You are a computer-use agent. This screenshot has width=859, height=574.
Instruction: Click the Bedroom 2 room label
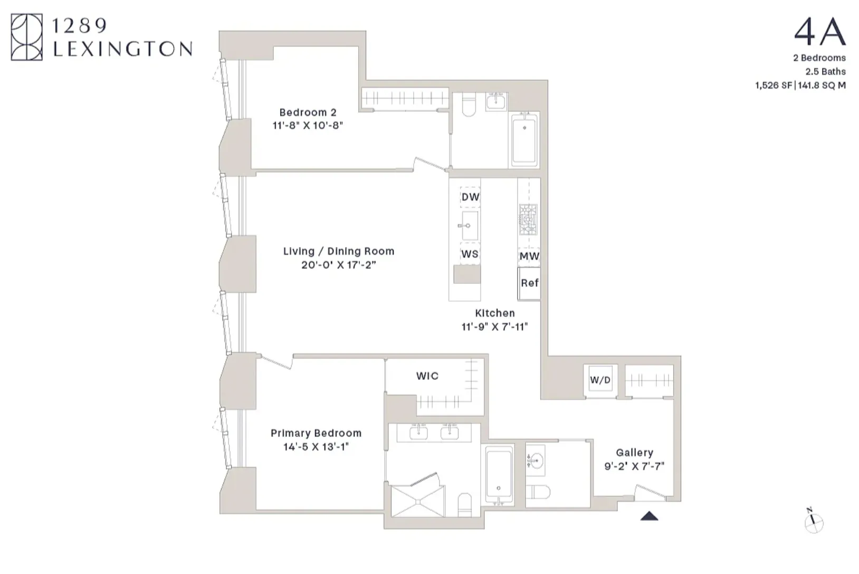click(308, 112)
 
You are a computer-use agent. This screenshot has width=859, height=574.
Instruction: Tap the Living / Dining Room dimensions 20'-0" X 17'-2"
click(338, 265)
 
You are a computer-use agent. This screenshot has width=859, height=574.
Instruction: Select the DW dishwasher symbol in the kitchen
click(470, 197)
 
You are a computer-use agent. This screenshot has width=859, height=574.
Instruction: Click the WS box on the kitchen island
click(470, 254)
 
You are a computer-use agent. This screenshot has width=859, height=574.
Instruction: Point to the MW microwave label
click(529, 256)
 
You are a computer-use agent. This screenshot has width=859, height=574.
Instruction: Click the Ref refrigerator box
click(529, 283)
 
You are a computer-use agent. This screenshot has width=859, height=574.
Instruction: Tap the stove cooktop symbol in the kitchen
click(528, 219)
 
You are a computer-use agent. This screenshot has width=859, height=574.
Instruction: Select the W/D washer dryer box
click(600, 380)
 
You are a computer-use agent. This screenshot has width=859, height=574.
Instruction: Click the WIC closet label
click(427, 376)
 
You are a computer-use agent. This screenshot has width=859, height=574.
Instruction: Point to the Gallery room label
click(634, 453)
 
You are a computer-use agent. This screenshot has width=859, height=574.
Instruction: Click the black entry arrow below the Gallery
click(649, 516)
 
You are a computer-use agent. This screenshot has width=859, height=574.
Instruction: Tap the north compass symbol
click(814, 522)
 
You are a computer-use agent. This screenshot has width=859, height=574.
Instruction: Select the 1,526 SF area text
click(774, 85)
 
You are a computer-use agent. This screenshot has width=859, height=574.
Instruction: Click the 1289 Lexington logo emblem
click(26, 37)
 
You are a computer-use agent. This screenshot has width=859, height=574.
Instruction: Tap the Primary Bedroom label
click(316, 433)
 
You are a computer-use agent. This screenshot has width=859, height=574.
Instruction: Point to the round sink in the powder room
click(535, 462)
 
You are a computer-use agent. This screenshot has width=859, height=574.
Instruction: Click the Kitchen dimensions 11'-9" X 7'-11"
click(494, 327)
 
